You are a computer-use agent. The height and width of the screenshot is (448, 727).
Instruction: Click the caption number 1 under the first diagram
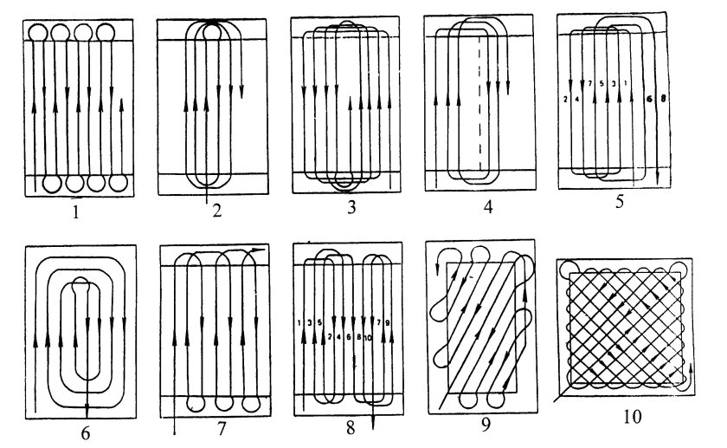point(78,208)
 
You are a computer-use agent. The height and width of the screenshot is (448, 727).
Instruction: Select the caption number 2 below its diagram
point(216,211)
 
